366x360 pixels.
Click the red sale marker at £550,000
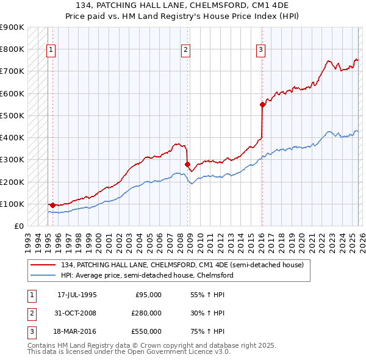262,104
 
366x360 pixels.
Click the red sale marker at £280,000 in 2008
187,164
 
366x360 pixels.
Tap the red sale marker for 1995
52,205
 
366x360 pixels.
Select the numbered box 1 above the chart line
51,50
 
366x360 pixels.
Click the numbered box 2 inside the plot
185,50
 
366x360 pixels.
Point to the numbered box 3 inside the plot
260,50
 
